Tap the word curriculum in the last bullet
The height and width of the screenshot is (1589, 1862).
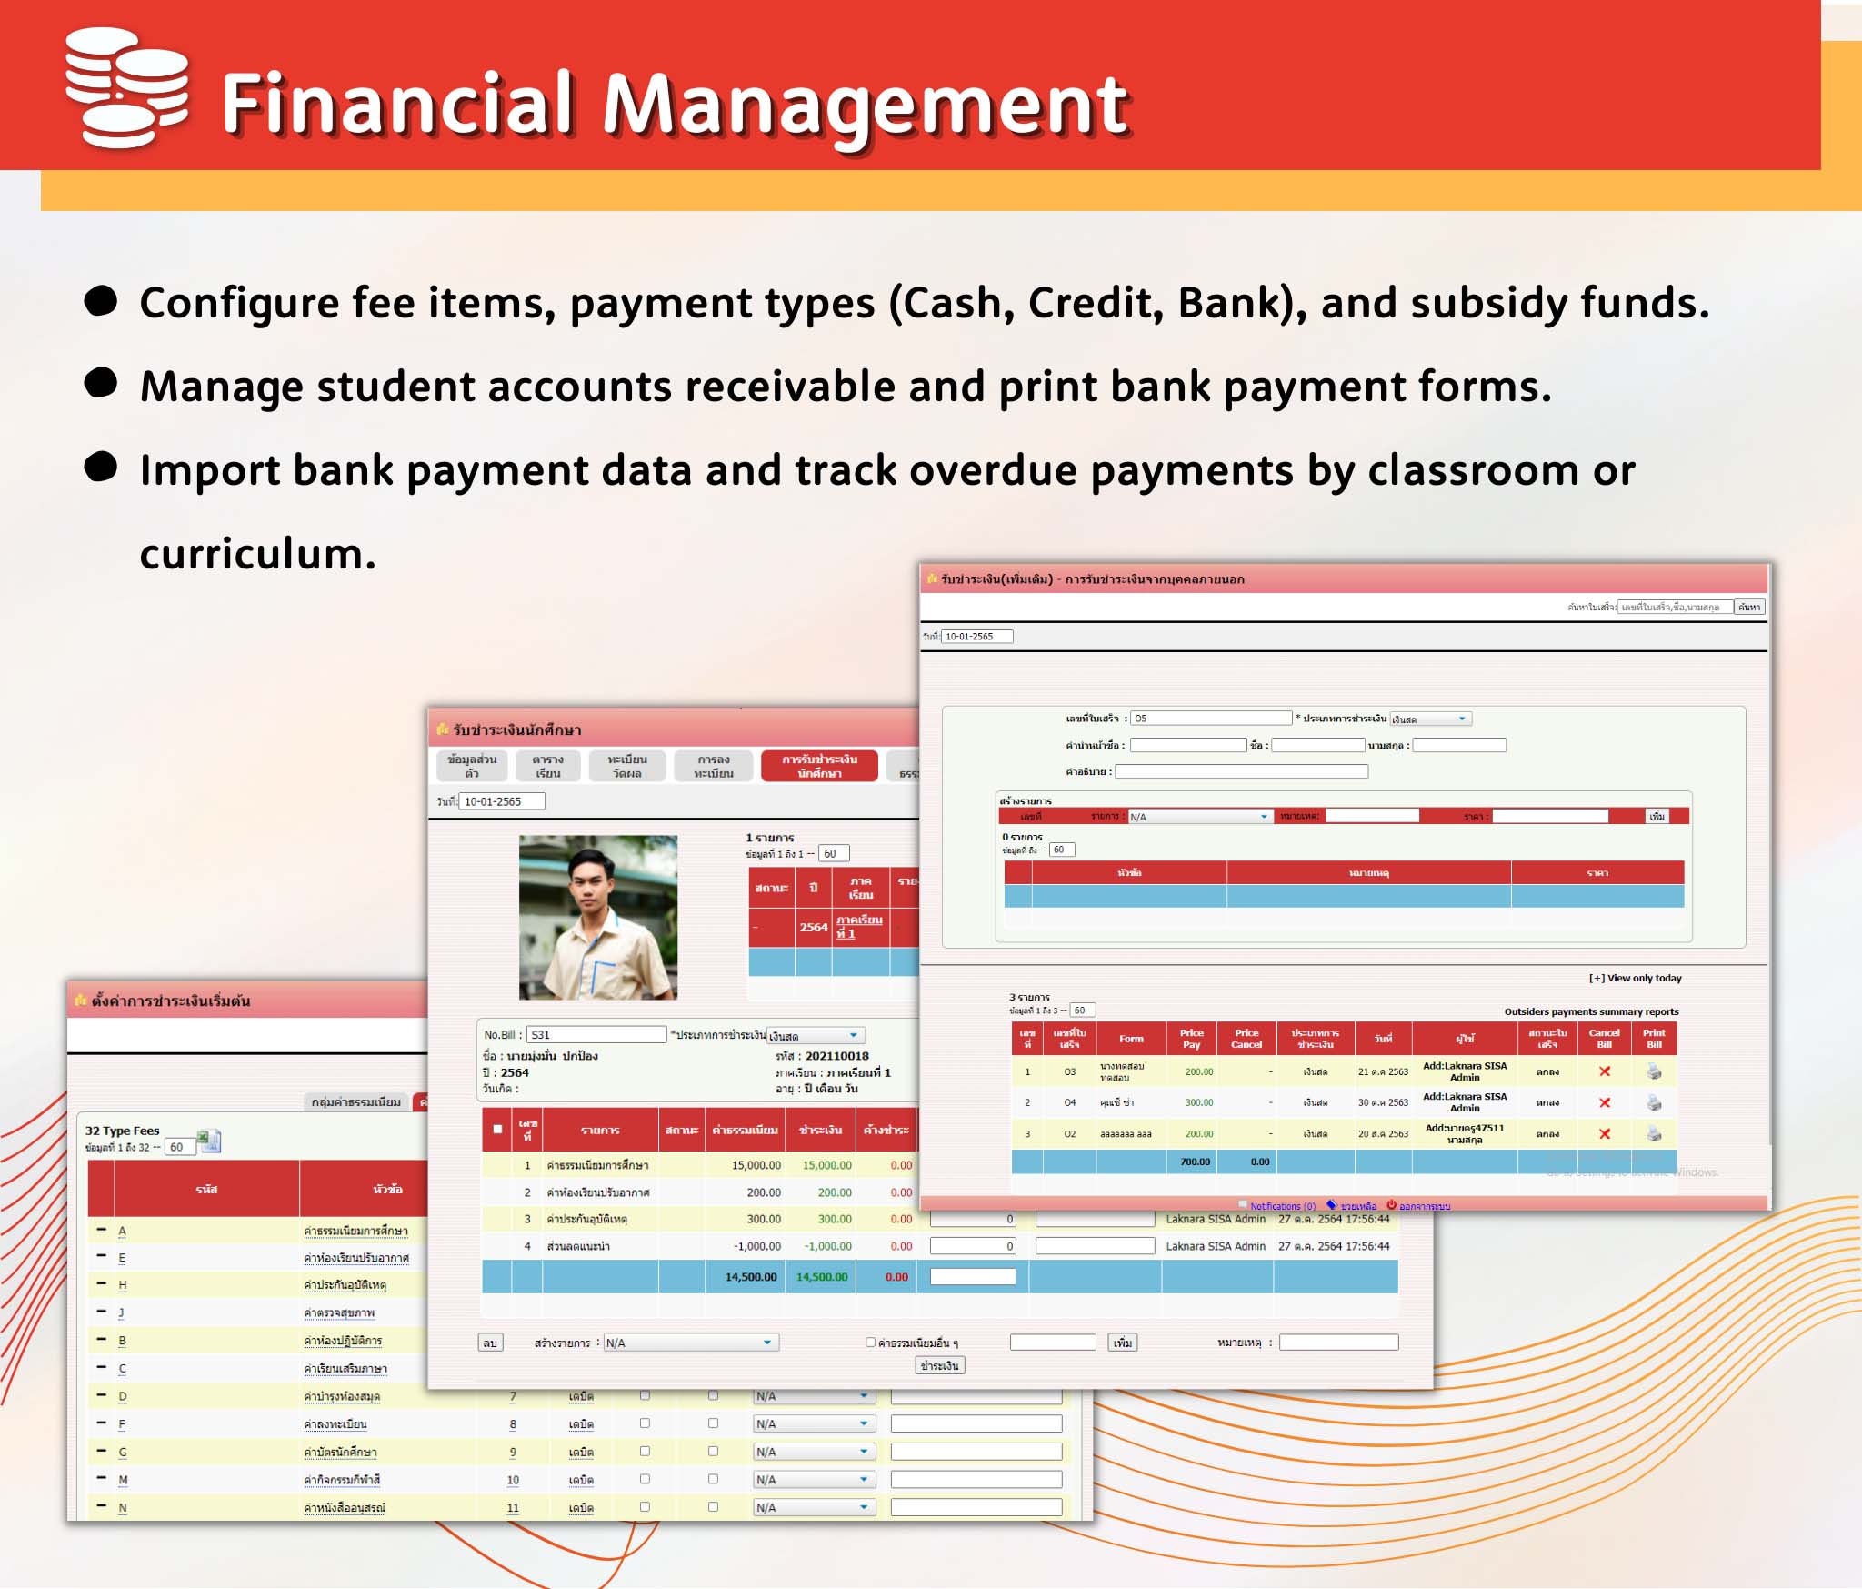tap(257, 553)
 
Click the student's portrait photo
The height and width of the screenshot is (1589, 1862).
tap(597, 917)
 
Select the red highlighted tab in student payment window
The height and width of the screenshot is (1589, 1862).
tap(819, 766)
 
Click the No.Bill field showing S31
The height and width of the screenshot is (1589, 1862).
tap(596, 1034)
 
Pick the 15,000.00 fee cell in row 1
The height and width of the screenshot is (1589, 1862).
tap(756, 1165)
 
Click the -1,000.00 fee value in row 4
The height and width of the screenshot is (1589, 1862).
tap(757, 1246)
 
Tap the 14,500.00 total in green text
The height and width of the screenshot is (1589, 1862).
tap(821, 1277)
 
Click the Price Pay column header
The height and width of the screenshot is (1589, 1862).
tap(1191, 1039)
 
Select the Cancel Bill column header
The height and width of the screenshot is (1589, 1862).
tap(1604, 1039)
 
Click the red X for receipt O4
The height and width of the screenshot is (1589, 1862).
tap(1605, 1102)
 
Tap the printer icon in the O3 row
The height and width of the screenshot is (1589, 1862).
tap(1654, 1072)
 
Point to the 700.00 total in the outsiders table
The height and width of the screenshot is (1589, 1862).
tap(1195, 1162)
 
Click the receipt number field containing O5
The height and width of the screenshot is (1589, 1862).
tap(1209, 719)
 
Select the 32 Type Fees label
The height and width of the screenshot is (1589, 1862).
tap(122, 1131)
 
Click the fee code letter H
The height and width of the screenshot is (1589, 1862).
tap(123, 1285)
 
